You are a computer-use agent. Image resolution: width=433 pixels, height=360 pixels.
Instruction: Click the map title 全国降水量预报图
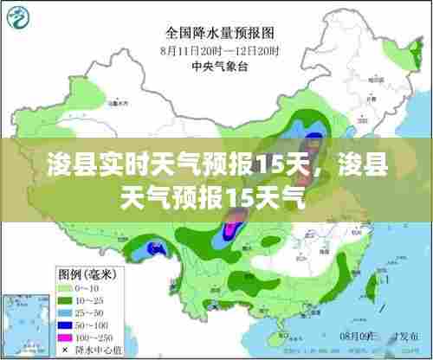pos(220,34)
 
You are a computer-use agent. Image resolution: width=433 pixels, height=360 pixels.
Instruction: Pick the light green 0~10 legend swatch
pos(67,286)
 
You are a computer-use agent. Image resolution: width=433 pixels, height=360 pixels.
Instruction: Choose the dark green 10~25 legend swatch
pos(67,298)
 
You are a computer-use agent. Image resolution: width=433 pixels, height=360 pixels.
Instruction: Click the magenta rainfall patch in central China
pos(231,229)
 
